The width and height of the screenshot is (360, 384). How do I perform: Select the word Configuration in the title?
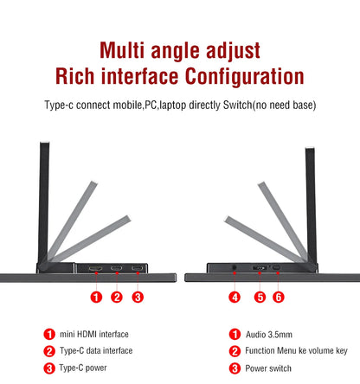243,76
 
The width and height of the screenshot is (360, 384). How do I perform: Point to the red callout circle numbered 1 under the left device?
97,297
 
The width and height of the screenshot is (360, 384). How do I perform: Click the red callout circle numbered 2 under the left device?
117,297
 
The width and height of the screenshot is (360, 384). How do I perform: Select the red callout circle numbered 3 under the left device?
138,297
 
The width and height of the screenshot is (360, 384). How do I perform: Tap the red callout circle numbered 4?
234,297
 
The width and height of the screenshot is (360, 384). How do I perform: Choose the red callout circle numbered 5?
258,297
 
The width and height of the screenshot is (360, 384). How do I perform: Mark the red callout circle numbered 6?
278,297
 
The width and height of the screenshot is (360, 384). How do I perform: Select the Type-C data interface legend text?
96,350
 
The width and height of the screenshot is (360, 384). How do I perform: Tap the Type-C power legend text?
84,368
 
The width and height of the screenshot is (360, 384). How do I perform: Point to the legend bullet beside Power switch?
234,368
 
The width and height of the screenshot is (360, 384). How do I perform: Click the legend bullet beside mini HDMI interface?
49,334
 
